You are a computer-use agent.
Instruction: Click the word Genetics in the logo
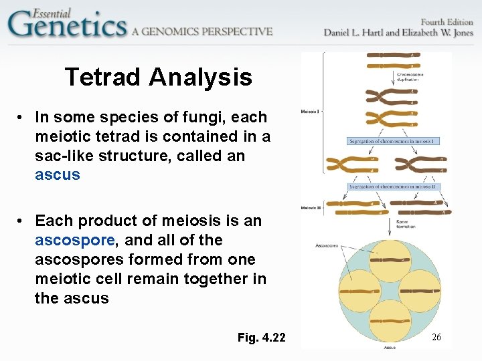(67, 26)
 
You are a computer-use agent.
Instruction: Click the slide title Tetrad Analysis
(159, 78)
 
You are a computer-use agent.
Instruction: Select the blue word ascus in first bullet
(57, 175)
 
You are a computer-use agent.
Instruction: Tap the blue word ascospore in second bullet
(74, 240)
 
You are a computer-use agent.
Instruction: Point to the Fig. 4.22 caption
(261, 338)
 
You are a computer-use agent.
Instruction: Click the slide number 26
(436, 338)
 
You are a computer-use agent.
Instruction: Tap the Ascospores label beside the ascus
(327, 245)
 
